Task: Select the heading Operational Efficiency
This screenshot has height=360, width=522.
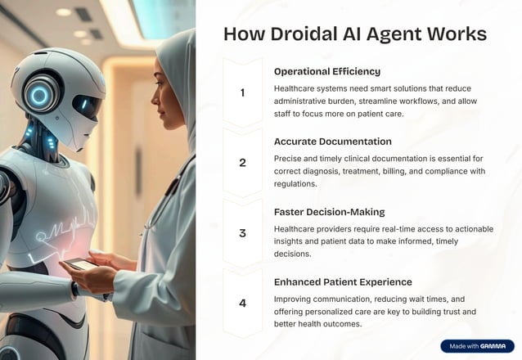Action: (x=326, y=71)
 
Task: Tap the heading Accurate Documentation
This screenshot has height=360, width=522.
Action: (x=332, y=141)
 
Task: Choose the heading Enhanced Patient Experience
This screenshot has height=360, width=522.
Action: (x=344, y=281)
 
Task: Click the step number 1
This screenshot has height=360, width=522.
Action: (x=242, y=92)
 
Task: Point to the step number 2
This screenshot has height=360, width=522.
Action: (x=242, y=163)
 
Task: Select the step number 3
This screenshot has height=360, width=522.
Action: (x=242, y=233)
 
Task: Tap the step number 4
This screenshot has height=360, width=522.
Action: (x=242, y=304)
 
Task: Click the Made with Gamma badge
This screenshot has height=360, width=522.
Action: (x=477, y=346)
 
